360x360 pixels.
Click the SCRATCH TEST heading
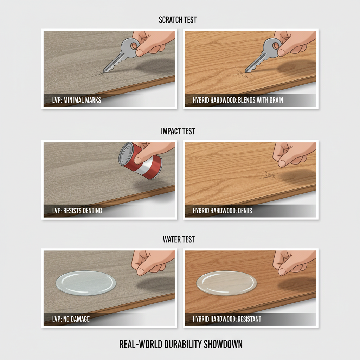(178, 20)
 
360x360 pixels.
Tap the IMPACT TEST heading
(178, 131)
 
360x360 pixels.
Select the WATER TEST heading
(179, 239)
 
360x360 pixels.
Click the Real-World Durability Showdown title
(181, 344)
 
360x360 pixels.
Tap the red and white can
(140, 161)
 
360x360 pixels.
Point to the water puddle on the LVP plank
(86, 283)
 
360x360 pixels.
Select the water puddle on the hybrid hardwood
(226, 283)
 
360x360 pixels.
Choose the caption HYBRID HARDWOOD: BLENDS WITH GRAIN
(238, 100)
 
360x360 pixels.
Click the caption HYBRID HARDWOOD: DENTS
(223, 211)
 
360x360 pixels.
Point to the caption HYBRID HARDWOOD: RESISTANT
(227, 319)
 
